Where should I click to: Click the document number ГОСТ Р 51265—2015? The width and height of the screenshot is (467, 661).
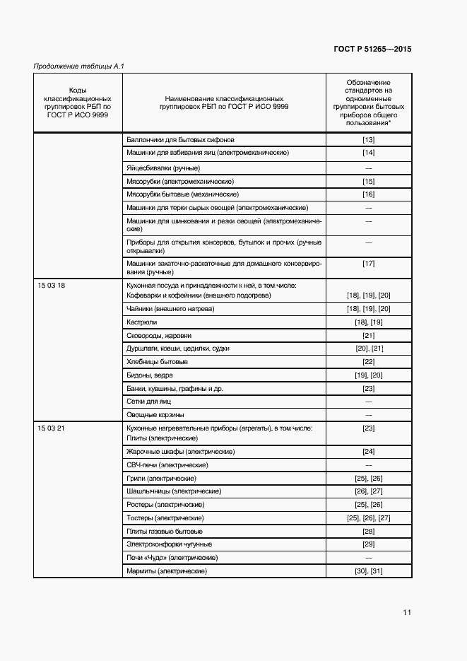tap(372, 49)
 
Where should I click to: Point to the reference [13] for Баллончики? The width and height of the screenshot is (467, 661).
tap(368, 140)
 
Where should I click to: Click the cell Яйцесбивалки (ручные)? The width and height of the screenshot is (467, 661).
tap(162, 168)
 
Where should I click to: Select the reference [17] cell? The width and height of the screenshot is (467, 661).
tap(368, 264)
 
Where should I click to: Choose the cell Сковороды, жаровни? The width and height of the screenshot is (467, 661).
tap(158, 336)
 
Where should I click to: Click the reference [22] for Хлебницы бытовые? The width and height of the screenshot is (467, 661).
tap(368, 362)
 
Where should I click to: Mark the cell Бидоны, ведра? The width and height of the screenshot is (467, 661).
tap(149, 375)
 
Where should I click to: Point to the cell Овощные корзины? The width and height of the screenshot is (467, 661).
tap(155, 415)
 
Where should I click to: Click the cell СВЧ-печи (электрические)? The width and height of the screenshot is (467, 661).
tap(167, 465)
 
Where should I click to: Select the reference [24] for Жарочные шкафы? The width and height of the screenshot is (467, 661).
tap(368, 452)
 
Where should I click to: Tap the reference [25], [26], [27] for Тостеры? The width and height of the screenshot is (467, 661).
tap(368, 518)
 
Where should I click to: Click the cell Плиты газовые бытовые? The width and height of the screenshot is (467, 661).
tap(164, 532)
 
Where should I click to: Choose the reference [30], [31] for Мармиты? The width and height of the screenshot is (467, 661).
tap(368, 571)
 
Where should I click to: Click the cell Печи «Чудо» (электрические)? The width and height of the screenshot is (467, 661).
tap(171, 558)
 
